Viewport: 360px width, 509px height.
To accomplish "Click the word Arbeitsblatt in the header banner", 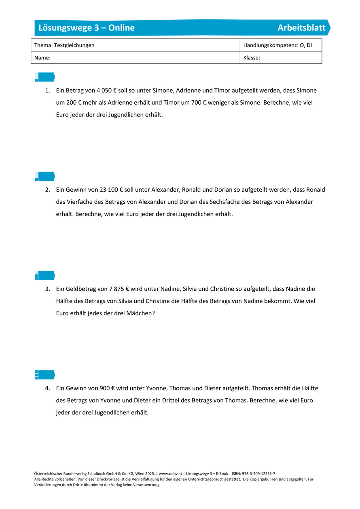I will click(301, 28).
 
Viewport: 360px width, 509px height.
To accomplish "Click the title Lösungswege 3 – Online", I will click(87, 28).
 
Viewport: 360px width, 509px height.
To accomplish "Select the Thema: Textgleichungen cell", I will click(64, 45).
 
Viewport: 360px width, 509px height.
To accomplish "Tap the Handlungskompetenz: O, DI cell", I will click(277, 45).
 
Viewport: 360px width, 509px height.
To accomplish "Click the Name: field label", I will click(42, 58).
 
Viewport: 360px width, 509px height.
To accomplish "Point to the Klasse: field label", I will click(252, 58).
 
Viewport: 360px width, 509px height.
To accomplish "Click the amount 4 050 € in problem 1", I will click(106, 90).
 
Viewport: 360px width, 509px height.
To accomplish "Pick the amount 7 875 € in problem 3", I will click(119, 289).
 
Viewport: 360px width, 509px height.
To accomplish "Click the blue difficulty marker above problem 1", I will click(44, 77).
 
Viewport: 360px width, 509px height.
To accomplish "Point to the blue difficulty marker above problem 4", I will click(44, 375).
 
